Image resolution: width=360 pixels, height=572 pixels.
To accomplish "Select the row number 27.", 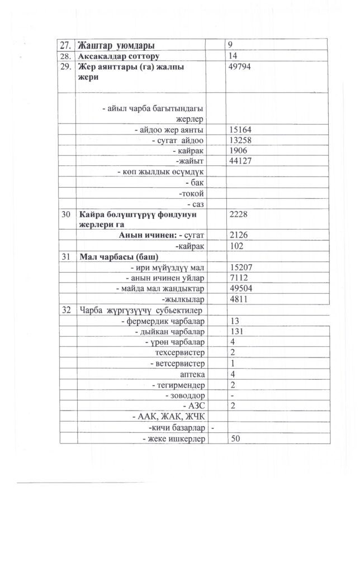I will pyautogui.click(x=67, y=45).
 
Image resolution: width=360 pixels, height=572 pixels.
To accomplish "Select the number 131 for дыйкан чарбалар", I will pyautogui.click(x=236, y=331).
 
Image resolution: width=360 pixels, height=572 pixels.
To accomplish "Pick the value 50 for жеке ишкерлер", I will pyautogui.click(x=235, y=438).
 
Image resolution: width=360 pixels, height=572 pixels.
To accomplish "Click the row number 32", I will pyautogui.click(x=67, y=310).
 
